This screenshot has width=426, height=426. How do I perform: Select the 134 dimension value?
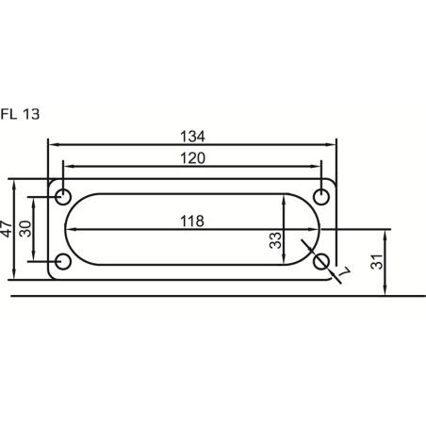tap(191, 136)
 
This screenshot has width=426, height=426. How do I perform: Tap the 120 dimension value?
tap(191, 158)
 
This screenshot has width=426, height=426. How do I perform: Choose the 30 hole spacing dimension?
tap(25, 228)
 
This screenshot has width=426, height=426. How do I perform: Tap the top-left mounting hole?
tap(63, 197)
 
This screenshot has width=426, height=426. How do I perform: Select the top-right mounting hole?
tap(321, 197)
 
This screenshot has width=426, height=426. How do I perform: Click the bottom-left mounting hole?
tap(63, 261)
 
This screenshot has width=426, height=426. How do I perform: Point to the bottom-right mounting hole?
tap(321, 261)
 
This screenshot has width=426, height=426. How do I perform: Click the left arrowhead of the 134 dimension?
tap(53, 144)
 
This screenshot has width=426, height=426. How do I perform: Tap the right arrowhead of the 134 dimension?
tap(332, 144)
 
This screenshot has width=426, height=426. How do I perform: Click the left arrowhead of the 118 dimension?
tap(70, 229)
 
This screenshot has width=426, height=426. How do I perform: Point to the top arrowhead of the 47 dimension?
tap(15, 183)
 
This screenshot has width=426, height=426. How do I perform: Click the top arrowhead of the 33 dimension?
tap(286, 199)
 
